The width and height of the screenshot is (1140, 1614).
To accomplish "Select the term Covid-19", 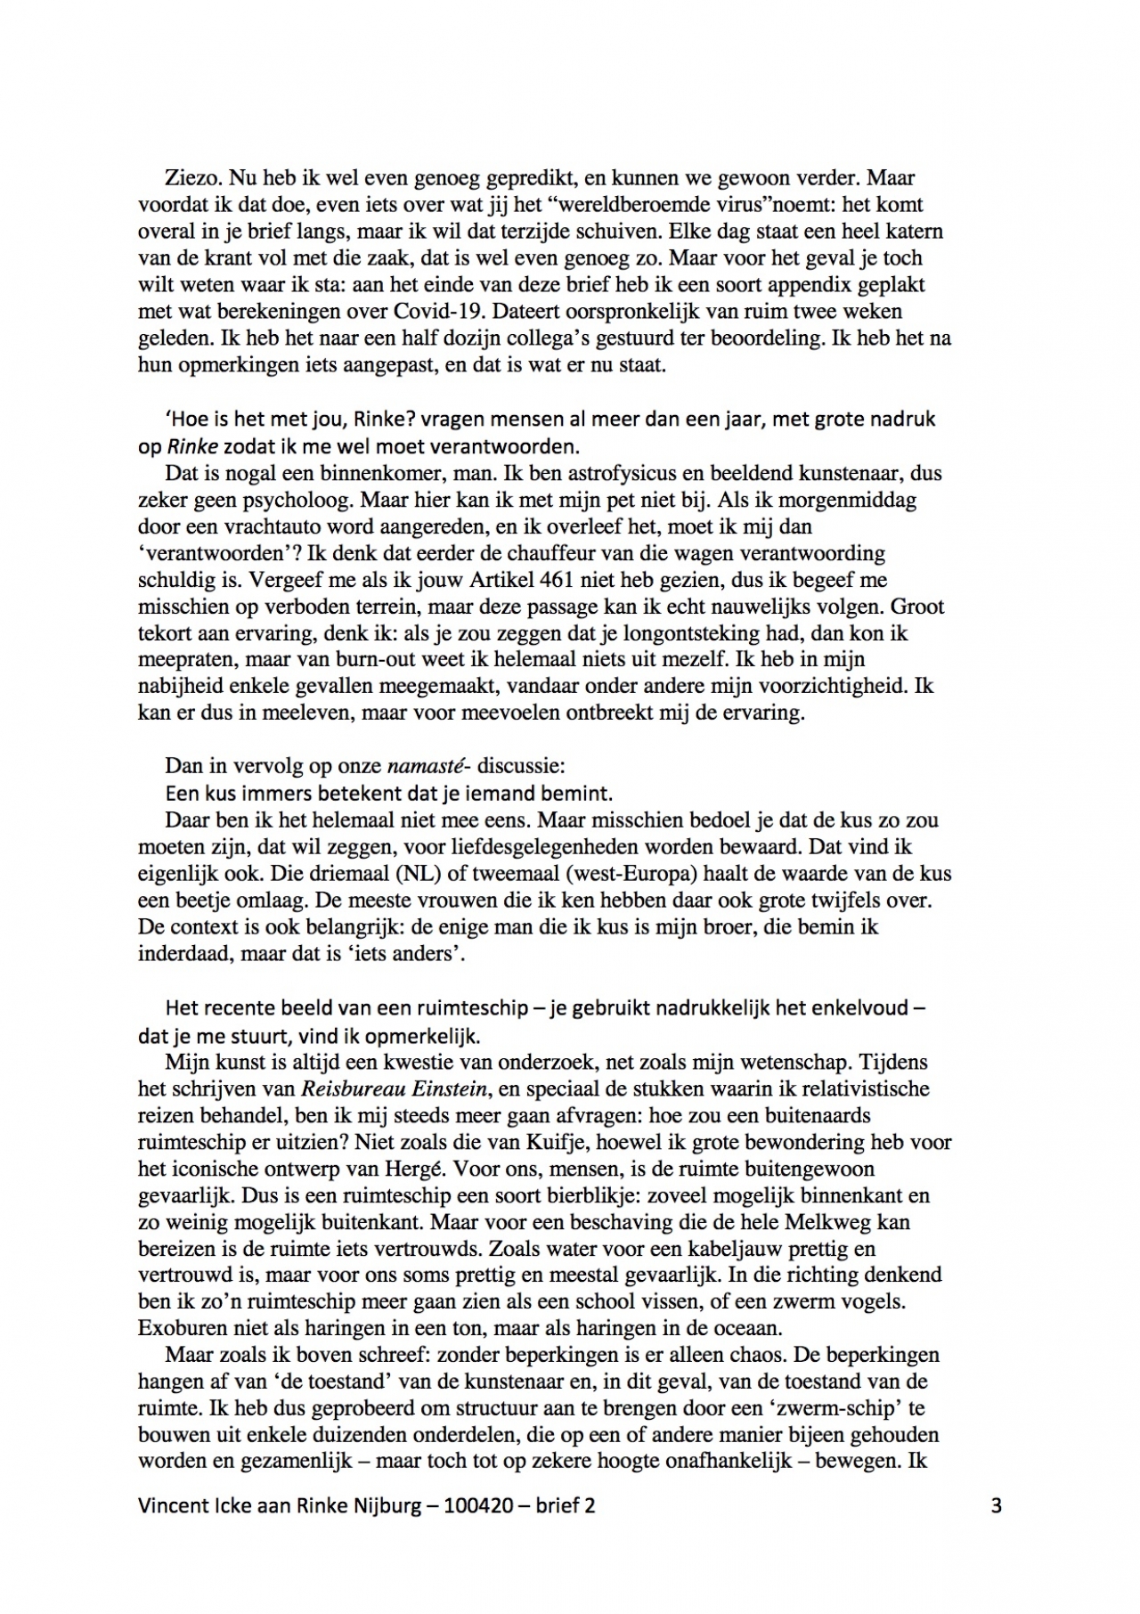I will point(445,312).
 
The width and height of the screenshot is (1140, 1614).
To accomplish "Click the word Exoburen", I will point(177,1328).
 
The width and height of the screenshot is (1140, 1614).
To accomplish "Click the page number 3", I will point(996,1505).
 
